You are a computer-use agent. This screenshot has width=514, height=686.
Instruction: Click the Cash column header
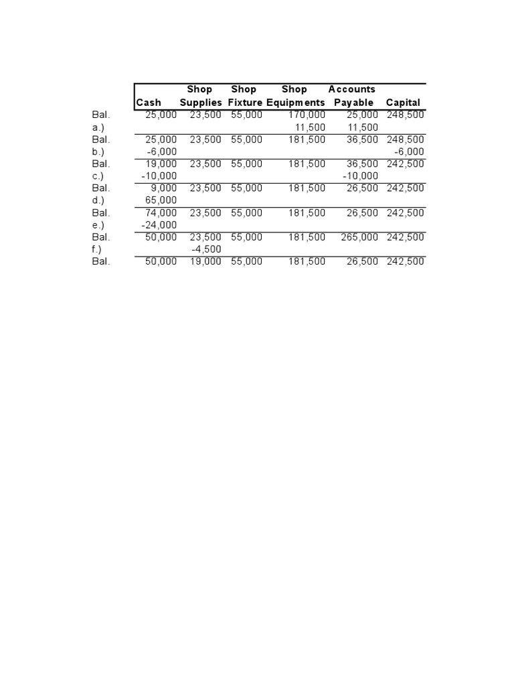click(149, 102)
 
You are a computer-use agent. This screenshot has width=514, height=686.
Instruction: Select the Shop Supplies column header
click(200, 96)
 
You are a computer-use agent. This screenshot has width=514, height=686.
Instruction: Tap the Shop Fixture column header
click(245, 96)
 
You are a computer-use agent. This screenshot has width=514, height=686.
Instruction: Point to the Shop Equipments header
click(295, 96)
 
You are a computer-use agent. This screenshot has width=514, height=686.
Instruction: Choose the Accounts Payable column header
click(353, 96)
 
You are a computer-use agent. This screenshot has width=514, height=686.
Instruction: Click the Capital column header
click(403, 102)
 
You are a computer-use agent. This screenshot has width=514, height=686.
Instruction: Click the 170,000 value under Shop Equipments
click(307, 115)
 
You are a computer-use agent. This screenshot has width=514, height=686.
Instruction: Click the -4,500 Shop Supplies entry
click(206, 249)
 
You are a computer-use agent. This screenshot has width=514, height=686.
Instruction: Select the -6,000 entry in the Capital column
click(410, 151)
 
